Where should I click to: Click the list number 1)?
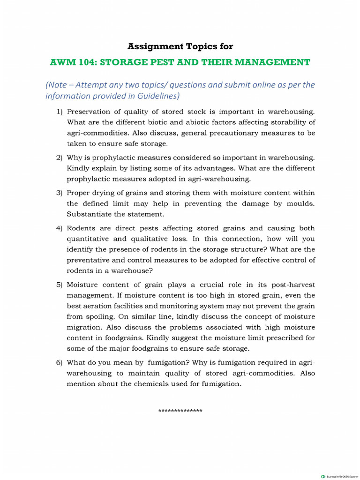coord(60,112)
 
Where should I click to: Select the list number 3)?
coord(60,193)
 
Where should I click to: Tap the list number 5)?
coord(60,285)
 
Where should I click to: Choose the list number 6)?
coord(60,363)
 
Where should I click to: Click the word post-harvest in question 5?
coord(293,285)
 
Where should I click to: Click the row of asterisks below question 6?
coord(180,412)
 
